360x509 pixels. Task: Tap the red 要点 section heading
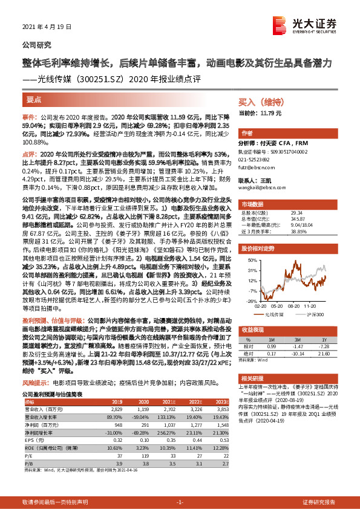click(x=34, y=99)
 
